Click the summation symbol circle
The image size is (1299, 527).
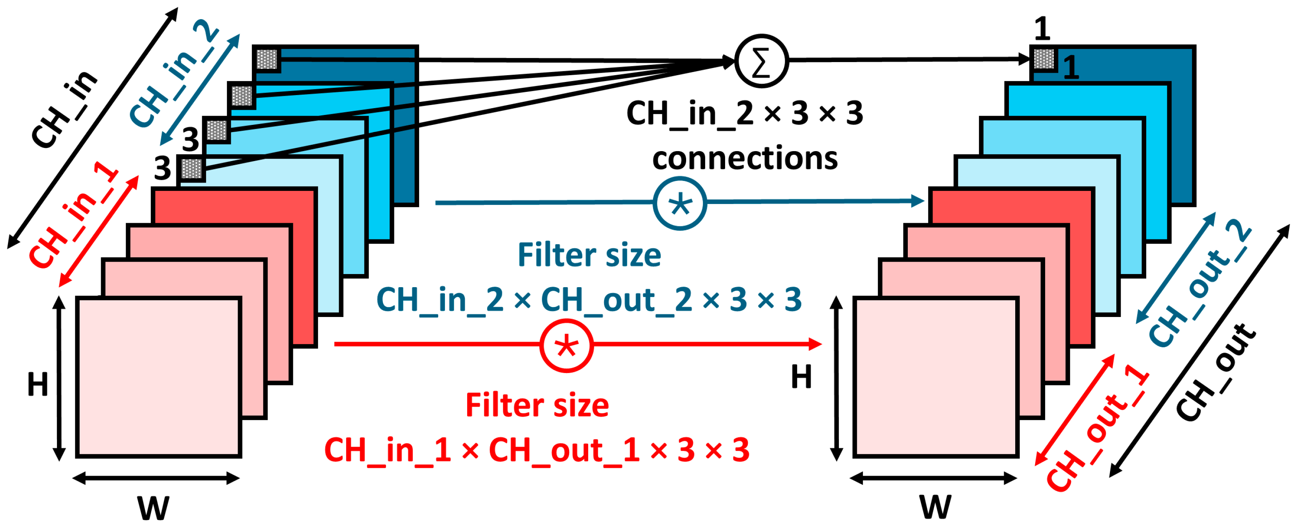pyautogui.click(x=761, y=61)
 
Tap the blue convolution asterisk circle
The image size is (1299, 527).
pyautogui.click(x=680, y=204)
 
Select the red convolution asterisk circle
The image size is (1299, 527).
pyautogui.click(x=566, y=346)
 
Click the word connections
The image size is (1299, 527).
pyautogui.click(x=745, y=158)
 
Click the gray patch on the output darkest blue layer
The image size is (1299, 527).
pyautogui.click(x=1043, y=59)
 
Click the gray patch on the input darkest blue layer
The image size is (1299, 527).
pyautogui.click(x=267, y=59)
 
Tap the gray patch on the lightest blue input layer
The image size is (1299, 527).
pyautogui.click(x=191, y=168)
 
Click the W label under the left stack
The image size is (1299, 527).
pyautogui.click(x=153, y=508)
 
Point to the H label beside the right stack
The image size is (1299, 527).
pyautogui.click(x=801, y=377)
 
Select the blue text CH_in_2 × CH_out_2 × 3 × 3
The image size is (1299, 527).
pyautogui.click(x=589, y=299)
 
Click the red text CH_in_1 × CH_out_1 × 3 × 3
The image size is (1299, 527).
pyautogui.click(x=536, y=449)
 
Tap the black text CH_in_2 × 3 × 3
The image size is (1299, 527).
pyautogui.click(x=745, y=113)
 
